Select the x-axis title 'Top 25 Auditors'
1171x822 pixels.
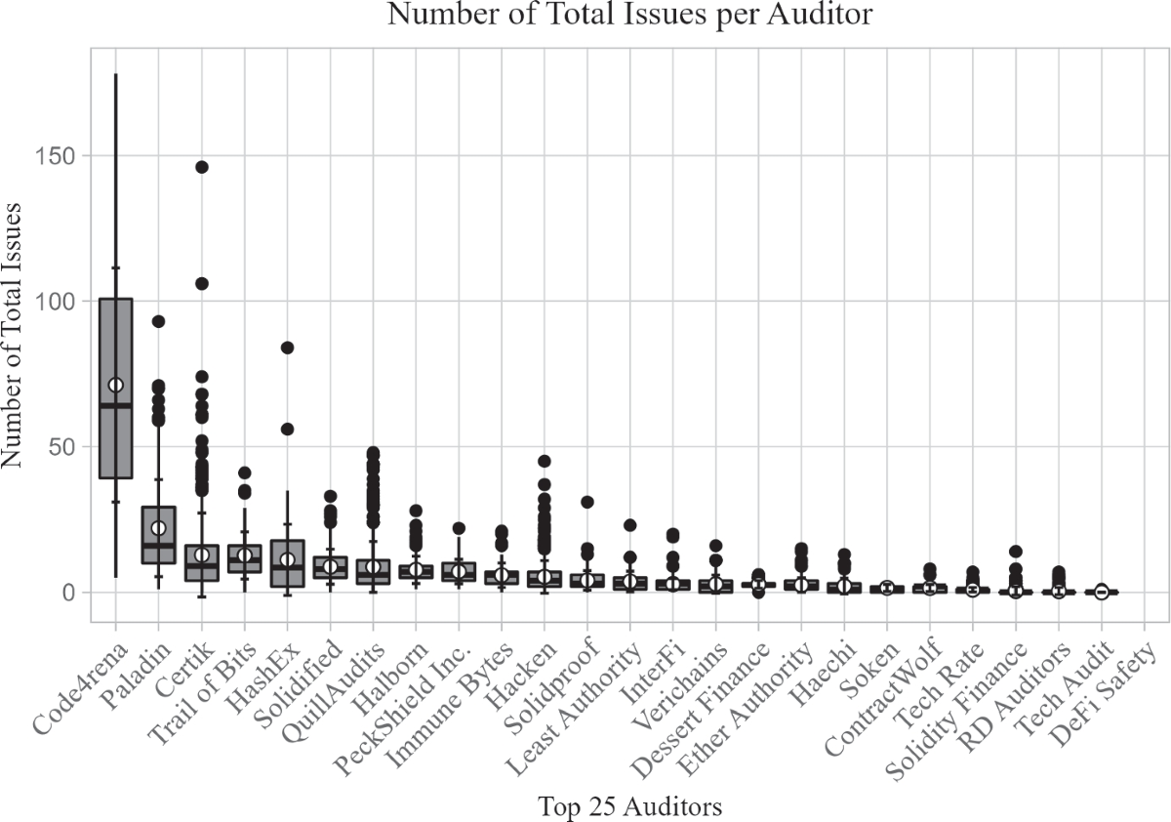[x=629, y=806]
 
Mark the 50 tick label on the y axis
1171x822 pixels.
[x=64, y=446]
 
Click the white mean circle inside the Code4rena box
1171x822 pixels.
[x=115, y=385]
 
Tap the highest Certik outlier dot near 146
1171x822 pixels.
[x=201, y=167]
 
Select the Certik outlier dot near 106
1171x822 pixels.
[x=201, y=283]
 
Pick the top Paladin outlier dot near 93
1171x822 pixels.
[x=158, y=321]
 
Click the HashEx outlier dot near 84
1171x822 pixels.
[x=287, y=348]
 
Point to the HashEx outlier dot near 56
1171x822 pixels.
[x=287, y=429]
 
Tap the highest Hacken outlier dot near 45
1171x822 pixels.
[x=545, y=461]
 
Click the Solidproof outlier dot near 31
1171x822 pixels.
[x=587, y=502]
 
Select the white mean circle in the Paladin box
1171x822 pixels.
[x=158, y=528]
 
